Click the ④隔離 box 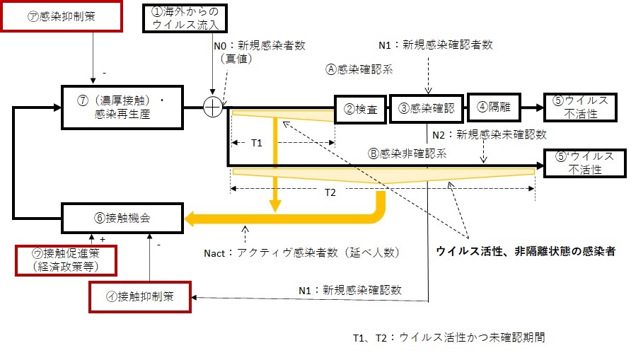point(493,108)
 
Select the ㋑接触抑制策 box point(140,296)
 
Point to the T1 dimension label point(257,142)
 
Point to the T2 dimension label point(330,192)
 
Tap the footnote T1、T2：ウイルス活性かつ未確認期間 point(448,337)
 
